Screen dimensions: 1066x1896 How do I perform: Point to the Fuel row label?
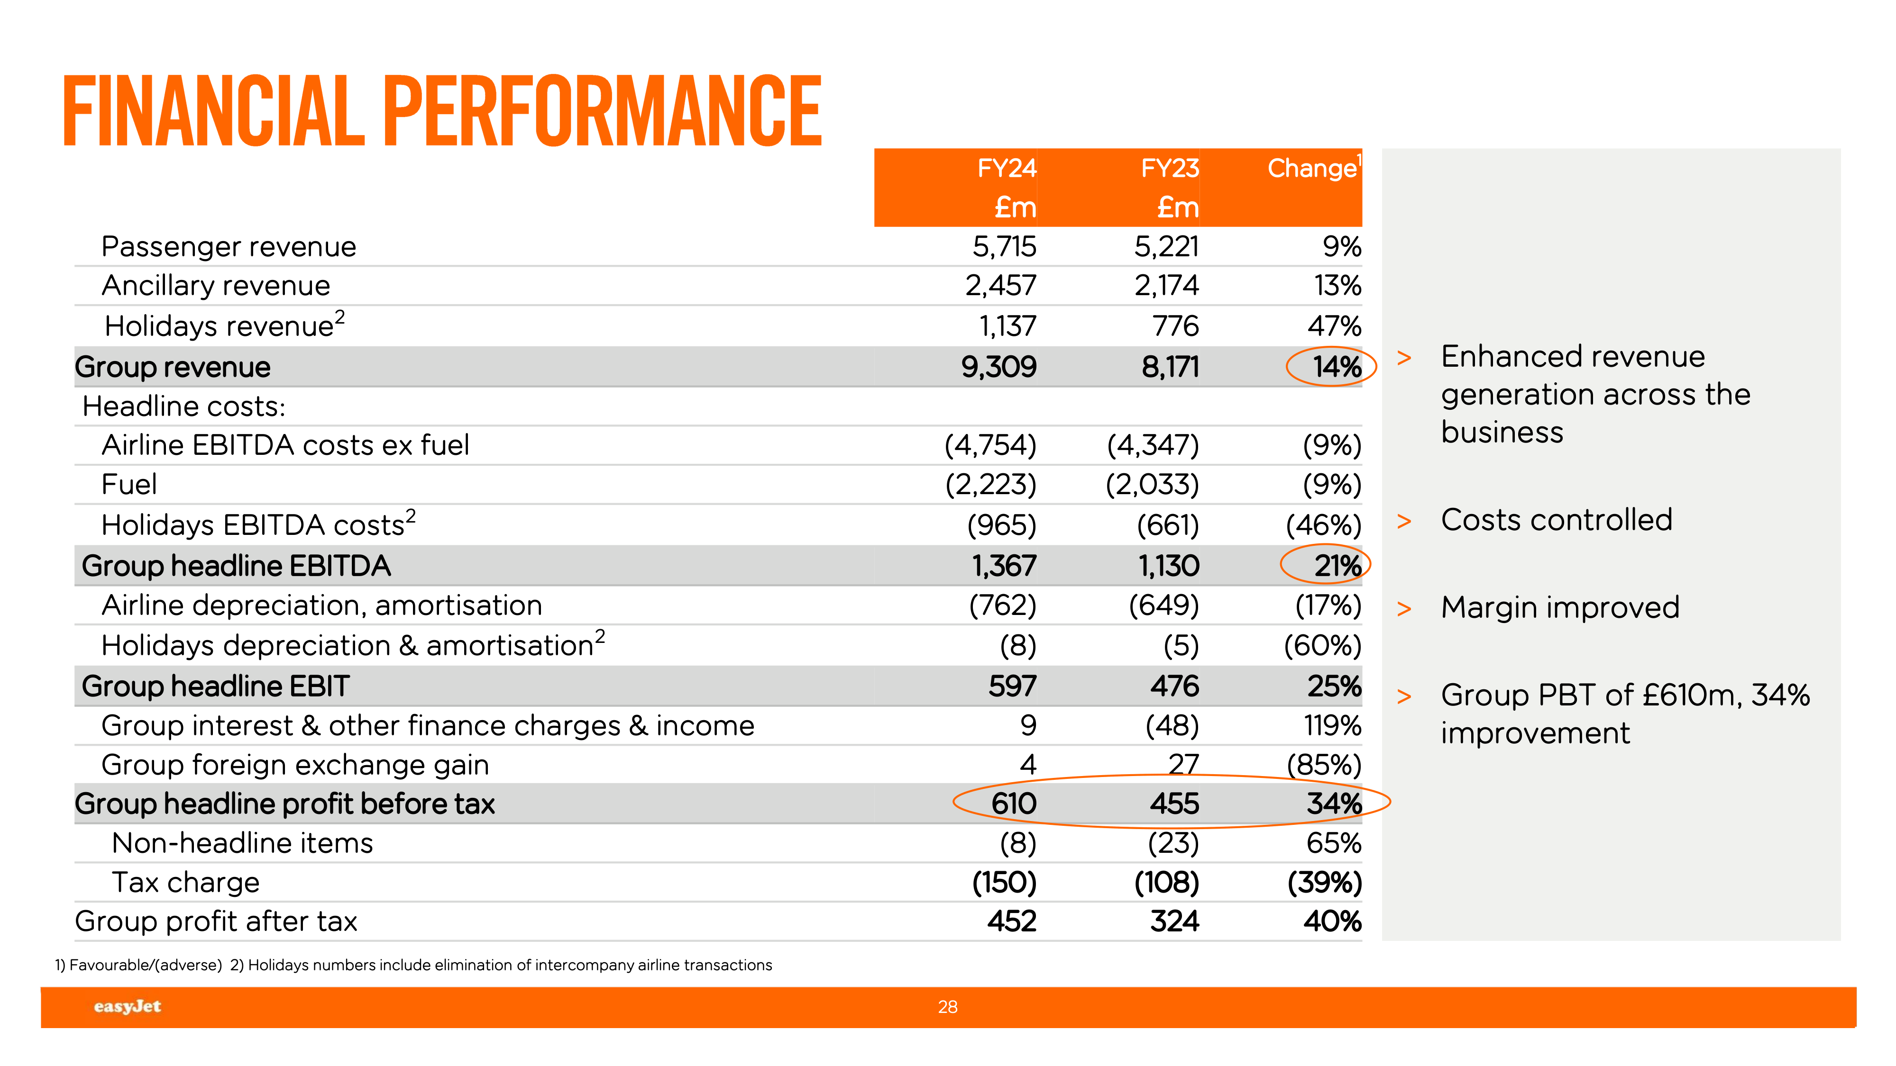129,484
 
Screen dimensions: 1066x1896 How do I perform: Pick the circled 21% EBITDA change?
1337,566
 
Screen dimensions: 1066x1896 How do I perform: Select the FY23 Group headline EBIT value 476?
1175,686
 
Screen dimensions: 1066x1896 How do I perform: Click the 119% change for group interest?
1332,725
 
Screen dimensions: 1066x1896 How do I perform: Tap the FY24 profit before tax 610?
1014,804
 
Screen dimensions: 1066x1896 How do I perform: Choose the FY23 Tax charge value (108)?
1167,882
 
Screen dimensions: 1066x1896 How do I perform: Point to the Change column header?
1312,169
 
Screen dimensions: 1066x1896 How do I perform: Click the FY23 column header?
1170,169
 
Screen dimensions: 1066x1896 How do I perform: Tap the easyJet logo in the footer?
128,1006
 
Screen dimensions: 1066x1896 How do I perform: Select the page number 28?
947,1006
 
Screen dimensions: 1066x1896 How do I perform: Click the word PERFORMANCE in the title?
602,112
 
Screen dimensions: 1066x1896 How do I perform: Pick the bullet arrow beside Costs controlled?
1403,522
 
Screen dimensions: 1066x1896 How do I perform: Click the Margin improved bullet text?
1560,608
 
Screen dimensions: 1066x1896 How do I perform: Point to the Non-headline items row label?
242,843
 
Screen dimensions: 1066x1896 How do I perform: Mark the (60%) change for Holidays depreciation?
1323,646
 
